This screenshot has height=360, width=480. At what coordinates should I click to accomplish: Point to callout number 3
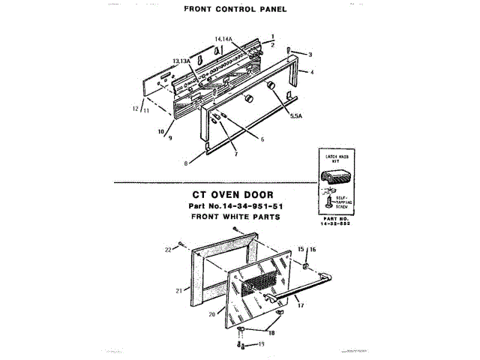pos(310,55)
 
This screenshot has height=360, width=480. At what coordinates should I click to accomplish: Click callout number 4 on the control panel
pos(311,72)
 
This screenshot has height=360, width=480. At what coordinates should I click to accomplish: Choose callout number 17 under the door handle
pos(300,305)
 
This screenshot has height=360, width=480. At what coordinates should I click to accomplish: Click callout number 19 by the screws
pos(262,344)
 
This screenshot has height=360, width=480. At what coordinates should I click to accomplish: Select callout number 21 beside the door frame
pos(178,290)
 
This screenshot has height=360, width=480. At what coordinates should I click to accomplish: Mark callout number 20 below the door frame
pos(211,314)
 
